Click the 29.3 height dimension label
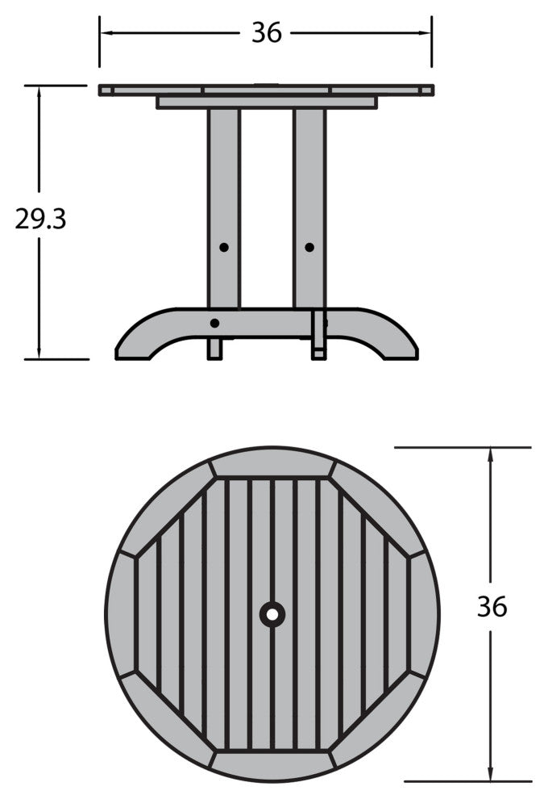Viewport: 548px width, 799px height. (x=41, y=219)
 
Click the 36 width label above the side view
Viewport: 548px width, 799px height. (x=267, y=33)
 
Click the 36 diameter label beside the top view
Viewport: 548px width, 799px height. (x=492, y=606)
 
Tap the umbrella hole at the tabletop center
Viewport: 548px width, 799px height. (x=272, y=614)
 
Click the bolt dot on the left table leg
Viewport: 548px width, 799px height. (x=224, y=248)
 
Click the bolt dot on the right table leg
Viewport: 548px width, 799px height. (x=309, y=248)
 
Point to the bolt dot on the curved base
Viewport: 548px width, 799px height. (x=214, y=323)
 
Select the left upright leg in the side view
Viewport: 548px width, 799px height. (x=223, y=208)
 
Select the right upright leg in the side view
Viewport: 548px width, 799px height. (x=309, y=208)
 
